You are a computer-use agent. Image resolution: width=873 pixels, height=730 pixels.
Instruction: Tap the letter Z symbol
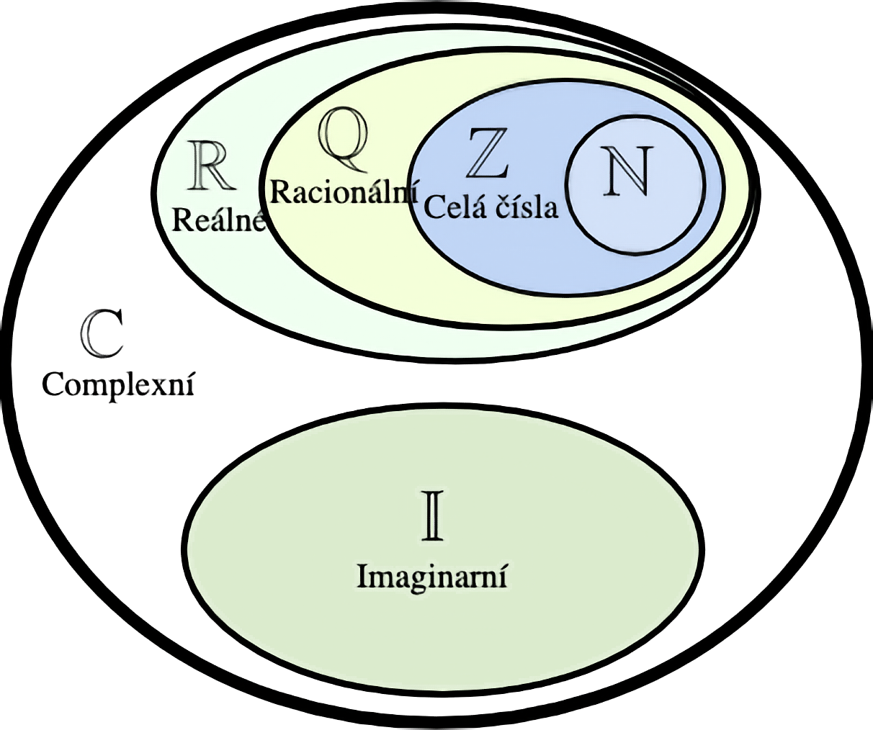tap(488, 153)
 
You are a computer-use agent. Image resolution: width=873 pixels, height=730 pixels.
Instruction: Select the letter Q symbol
tap(344, 140)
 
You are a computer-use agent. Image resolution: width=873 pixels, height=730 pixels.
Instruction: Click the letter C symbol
tap(102, 334)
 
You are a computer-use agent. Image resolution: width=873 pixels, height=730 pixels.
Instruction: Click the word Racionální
tap(344, 193)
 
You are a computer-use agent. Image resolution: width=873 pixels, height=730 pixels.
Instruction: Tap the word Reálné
tap(219, 220)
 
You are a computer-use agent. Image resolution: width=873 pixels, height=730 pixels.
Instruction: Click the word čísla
tap(526, 207)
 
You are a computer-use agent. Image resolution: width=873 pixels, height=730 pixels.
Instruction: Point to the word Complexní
tap(118, 384)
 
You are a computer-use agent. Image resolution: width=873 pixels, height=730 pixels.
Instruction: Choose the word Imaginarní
tap(432, 577)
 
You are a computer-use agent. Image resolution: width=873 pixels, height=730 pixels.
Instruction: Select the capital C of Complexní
tap(52, 384)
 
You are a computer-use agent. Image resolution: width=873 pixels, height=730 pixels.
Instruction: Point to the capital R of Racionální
tap(279, 193)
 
